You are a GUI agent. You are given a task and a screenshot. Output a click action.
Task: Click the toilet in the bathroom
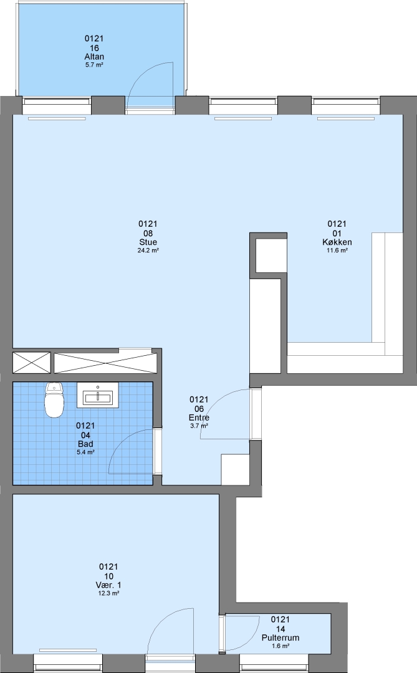point(54,399)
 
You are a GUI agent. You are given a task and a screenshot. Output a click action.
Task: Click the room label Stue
point(148,242)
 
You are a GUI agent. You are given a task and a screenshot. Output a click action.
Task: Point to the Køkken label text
point(337,242)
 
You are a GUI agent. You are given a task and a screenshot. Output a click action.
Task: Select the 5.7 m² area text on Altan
point(94,65)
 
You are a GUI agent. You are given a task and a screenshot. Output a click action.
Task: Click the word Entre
point(199,418)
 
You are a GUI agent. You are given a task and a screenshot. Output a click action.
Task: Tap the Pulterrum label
point(280,638)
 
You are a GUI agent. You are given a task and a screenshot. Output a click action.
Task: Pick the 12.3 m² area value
point(108,593)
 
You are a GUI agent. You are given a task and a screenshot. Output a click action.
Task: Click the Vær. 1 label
point(108,585)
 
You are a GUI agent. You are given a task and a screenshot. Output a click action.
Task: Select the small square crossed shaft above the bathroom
point(31,363)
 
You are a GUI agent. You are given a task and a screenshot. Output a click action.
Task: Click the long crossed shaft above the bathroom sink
point(105,363)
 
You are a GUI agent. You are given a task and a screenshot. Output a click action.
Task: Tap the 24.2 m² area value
point(148,251)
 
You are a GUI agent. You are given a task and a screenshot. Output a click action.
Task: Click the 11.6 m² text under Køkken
point(337,251)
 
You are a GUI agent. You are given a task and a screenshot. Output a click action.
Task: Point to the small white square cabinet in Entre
point(236,469)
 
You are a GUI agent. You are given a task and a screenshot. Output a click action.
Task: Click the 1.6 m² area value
point(280,646)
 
